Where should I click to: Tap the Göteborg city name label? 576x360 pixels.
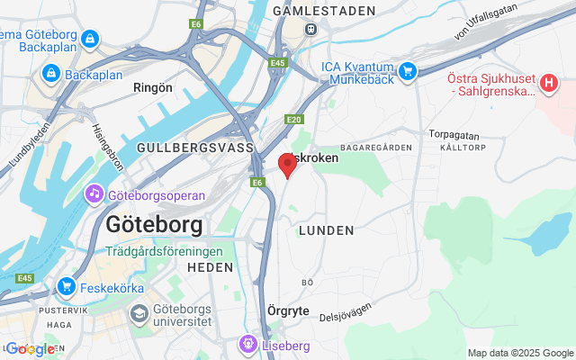tap(153, 224)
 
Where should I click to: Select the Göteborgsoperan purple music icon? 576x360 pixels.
tap(94, 194)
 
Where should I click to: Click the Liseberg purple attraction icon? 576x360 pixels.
tap(247, 345)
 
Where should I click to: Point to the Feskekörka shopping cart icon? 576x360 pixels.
tap(66, 287)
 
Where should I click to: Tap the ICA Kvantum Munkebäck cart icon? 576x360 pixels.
tap(408, 70)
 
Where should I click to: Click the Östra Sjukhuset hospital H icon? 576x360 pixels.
tap(549, 82)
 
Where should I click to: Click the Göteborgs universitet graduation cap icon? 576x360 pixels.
tap(139, 313)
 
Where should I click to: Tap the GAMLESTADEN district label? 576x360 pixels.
tap(310, 11)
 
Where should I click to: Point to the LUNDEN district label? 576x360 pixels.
tap(325, 230)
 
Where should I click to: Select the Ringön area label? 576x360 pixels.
tap(152, 88)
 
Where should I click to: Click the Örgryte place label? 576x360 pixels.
tap(289, 310)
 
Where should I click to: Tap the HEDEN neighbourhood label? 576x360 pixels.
tap(210, 267)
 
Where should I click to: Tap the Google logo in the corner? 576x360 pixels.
tap(31, 348)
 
